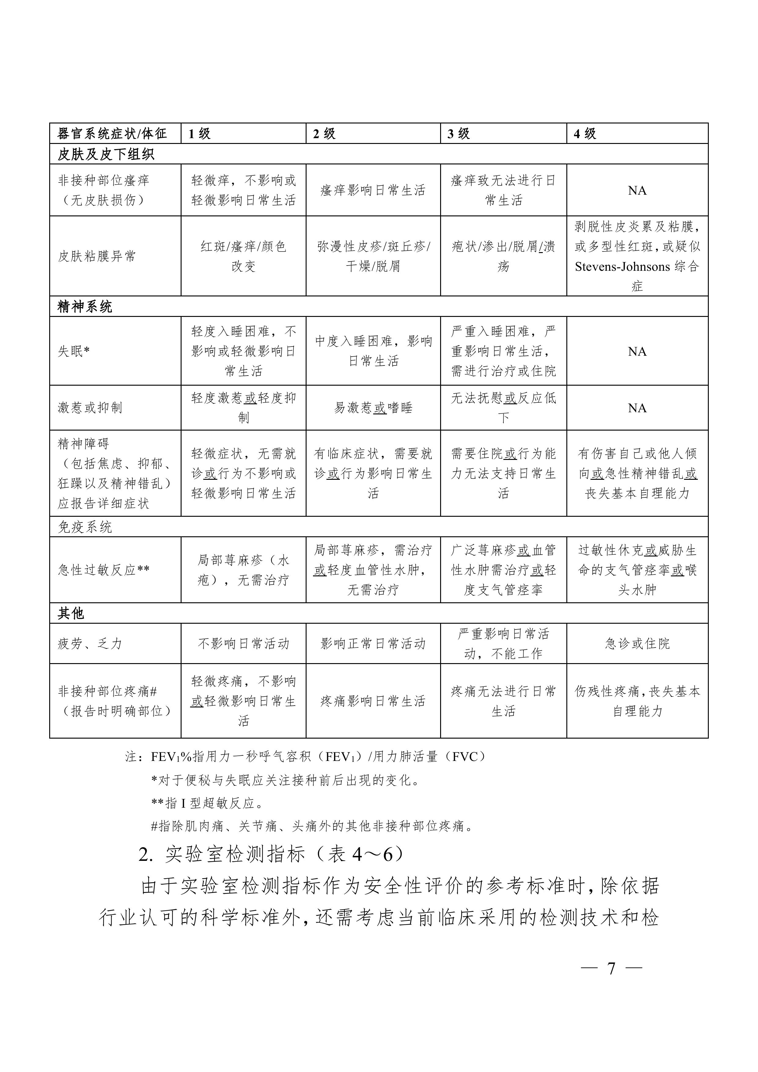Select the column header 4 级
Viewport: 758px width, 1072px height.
[585, 134]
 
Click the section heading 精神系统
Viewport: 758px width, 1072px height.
[85, 307]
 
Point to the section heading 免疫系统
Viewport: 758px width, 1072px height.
[85, 527]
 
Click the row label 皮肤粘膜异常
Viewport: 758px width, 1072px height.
[97, 256]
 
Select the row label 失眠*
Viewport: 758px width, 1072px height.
[73, 351]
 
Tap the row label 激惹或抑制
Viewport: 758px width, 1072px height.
[90, 408]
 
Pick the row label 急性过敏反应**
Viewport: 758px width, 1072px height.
[104, 570]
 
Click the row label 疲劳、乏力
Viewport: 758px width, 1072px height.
[90, 643]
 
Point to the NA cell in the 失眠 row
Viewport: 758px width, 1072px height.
[637, 351]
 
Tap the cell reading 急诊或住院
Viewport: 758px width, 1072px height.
[637, 643]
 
